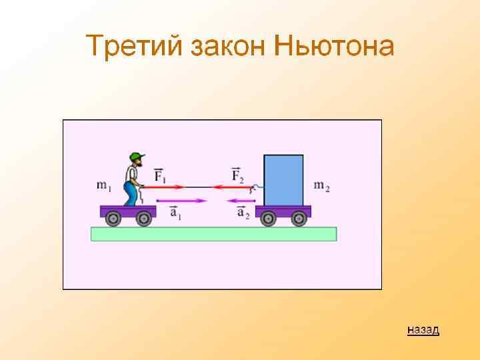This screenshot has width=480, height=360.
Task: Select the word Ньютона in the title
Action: pos(333,47)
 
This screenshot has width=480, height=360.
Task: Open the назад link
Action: pos(423,329)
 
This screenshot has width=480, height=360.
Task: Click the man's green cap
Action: pos(137,157)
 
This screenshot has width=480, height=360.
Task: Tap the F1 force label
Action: pos(161,175)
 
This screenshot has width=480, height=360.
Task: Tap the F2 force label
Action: pos(238,175)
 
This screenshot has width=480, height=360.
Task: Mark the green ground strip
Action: pos(213,233)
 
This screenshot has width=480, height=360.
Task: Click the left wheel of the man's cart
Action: pos(113,218)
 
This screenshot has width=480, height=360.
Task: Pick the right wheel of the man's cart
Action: pos(143,218)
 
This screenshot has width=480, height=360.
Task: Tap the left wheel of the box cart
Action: pos(268,218)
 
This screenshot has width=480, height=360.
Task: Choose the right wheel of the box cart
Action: pos(299,218)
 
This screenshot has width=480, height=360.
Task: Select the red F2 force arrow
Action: pos(233,188)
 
